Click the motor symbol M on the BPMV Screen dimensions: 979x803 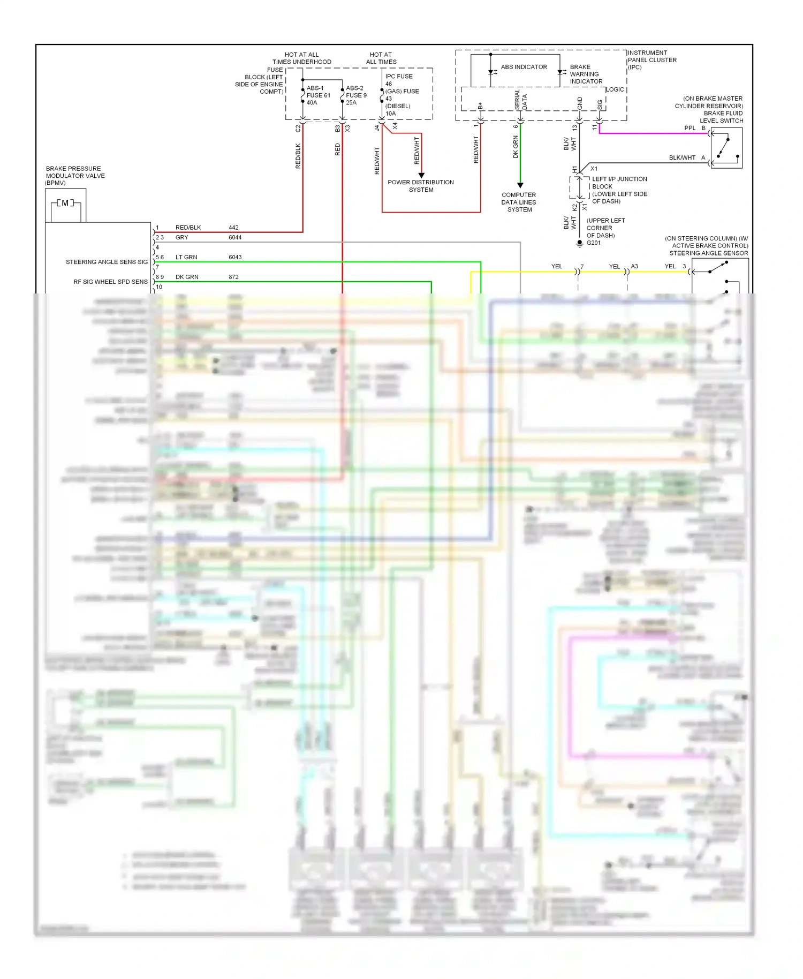click(x=65, y=204)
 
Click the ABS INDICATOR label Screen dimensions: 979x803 click(x=524, y=67)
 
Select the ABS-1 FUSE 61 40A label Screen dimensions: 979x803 click(x=318, y=95)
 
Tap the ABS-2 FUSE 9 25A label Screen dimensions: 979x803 click(x=356, y=95)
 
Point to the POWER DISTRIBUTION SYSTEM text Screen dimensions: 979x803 click(x=421, y=186)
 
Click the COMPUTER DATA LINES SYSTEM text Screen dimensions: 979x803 click(x=519, y=202)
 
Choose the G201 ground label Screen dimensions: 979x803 click(x=594, y=243)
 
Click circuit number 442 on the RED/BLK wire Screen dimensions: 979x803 click(x=233, y=228)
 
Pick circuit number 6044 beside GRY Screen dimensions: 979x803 click(x=235, y=237)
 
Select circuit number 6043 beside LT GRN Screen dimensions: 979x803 click(x=235, y=257)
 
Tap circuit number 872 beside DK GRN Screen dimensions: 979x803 click(x=233, y=277)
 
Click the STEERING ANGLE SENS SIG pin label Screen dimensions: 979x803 click(x=107, y=262)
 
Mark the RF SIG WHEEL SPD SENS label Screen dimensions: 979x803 click(x=110, y=282)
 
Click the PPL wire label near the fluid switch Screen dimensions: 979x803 click(x=690, y=128)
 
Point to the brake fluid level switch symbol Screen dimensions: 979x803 click(x=726, y=148)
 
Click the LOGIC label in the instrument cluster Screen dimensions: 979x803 click(x=615, y=89)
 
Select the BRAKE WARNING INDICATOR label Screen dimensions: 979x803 click(x=586, y=74)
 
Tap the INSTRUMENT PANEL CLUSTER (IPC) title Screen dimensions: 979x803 click(x=652, y=60)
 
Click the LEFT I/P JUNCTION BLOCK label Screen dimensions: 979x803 click(x=619, y=190)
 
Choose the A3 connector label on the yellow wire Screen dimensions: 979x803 click(x=634, y=266)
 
